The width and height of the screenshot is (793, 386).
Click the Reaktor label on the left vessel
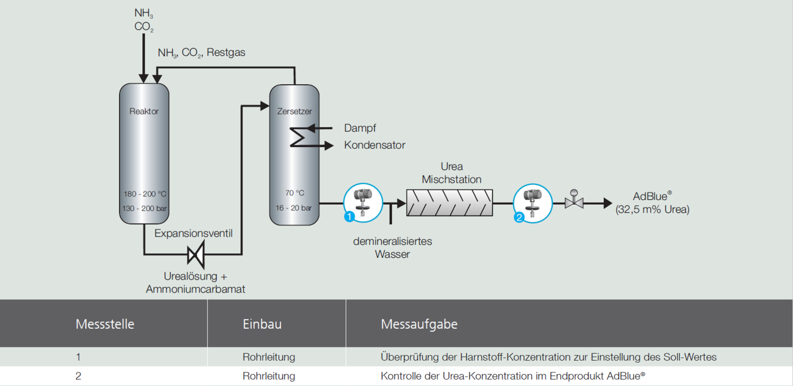tap(144, 111)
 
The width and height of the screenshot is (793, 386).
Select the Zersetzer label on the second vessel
tap(294, 111)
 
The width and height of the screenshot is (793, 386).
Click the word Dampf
tap(360, 128)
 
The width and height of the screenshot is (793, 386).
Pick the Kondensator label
tap(374, 145)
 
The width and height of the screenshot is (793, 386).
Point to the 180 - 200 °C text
tap(145, 194)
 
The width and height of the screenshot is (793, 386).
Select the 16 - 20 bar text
tap(294, 208)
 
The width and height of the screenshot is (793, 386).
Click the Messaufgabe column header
tap(419, 325)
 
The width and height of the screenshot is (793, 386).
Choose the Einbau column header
tap(262, 325)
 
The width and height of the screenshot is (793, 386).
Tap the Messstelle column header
tap(105, 325)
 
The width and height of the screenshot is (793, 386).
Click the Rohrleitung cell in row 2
tap(268, 376)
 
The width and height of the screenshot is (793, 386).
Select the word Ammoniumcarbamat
tap(195, 289)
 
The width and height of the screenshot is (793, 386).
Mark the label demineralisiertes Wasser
tap(392, 248)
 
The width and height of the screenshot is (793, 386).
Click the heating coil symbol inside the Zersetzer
tap(297, 137)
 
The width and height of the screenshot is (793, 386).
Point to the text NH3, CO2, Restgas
tap(201, 53)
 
